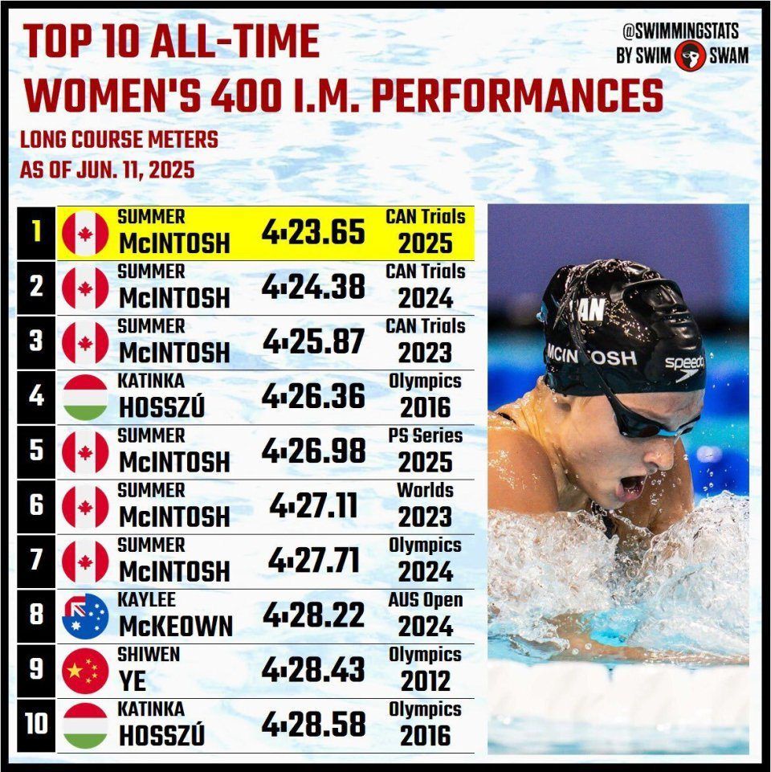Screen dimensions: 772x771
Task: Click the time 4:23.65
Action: pos(313,232)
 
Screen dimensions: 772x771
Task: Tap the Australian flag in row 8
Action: pos(84,616)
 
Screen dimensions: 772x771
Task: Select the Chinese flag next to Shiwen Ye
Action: pos(84,671)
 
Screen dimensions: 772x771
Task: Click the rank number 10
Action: pos(36,725)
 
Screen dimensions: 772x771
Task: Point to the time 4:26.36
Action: pos(313,396)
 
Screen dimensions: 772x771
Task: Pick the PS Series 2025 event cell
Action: pos(425,450)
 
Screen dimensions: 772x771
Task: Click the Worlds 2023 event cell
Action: pos(425,504)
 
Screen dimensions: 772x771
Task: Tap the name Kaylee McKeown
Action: pos(175,616)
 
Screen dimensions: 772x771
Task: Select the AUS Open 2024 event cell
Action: pos(425,615)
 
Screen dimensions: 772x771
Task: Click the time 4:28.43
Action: pos(313,669)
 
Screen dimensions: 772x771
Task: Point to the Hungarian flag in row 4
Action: pos(84,397)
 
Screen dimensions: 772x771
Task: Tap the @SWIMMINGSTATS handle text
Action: pos(680,31)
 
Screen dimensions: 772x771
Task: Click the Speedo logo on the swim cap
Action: pos(684,366)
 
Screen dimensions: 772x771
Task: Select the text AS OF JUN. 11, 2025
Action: pos(108,170)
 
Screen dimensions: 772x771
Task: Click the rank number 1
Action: pos(36,232)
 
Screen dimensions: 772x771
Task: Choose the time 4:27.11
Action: pos(313,505)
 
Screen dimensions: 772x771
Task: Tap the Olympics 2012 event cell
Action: pos(425,669)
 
